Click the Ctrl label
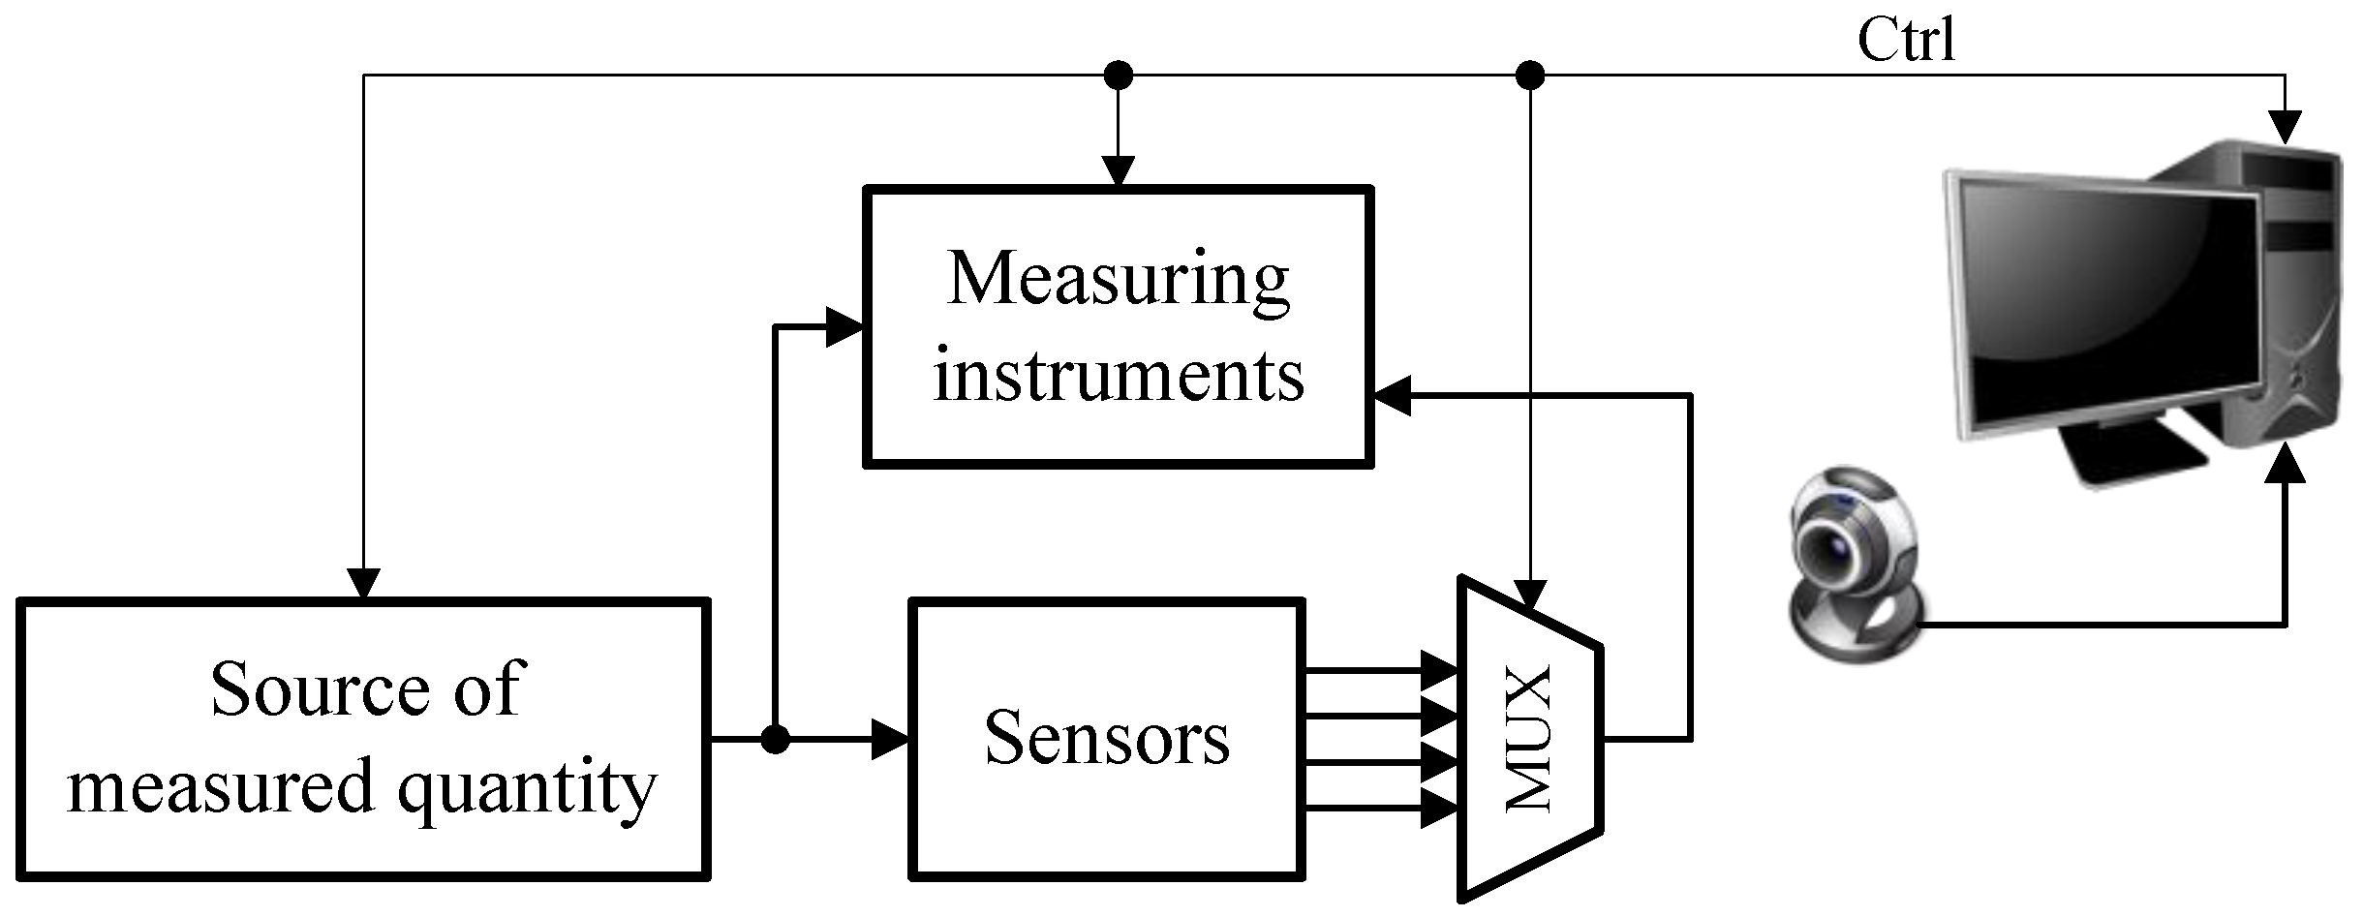(1906, 41)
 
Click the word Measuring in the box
(1118, 279)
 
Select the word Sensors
(1107, 738)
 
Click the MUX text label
(1530, 738)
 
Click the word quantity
(528, 786)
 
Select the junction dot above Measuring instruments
(1118, 75)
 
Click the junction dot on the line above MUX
(1529, 75)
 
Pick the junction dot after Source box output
(775, 740)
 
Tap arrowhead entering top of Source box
(363, 583)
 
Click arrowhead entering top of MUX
(1529, 592)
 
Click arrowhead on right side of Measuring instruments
(1393, 395)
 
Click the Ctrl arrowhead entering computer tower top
(2286, 126)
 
